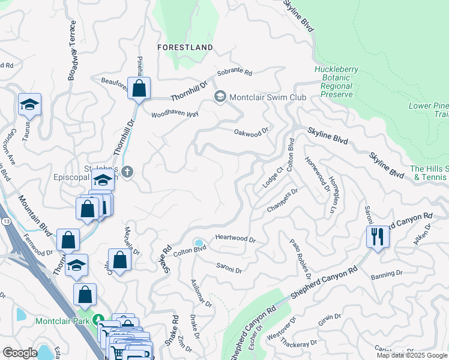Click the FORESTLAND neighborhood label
click(x=185, y=47)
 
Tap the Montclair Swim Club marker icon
click(x=220, y=97)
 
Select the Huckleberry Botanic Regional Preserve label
click(x=336, y=82)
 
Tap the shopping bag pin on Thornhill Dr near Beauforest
click(x=139, y=88)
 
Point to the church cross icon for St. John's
click(x=127, y=172)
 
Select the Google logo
click(x=20, y=353)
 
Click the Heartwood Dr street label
click(x=235, y=239)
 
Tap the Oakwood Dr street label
click(x=250, y=133)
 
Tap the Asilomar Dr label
click(x=202, y=293)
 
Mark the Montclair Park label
click(x=61, y=321)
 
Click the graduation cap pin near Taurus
click(x=29, y=104)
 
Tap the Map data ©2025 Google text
click(x=412, y=355)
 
